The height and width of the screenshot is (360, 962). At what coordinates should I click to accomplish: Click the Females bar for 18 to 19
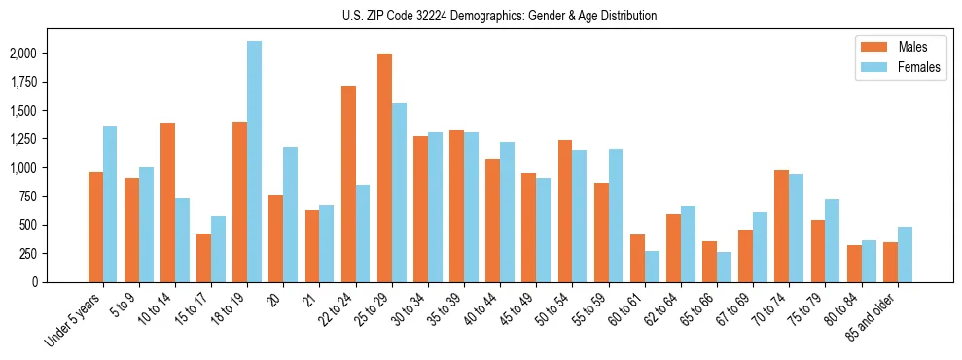click(x=255, y=162)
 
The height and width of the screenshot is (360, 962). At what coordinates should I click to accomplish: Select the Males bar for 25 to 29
click(x=384, y=167)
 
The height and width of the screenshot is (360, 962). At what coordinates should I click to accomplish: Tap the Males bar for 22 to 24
click(x=348, y=184)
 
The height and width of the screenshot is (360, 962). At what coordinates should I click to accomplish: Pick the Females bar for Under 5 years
click(x=110, y=204)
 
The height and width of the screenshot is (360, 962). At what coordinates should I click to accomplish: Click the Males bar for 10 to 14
click(x=167, y=202)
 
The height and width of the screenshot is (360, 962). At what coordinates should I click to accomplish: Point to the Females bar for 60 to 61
click(x=652, y=267)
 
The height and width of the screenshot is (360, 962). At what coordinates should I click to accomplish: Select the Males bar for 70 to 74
click(x=782, y=226)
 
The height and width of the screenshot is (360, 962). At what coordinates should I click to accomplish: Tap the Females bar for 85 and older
click(x=905, y=254)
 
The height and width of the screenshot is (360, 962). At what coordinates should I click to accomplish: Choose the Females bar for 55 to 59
click(x=616, y=215)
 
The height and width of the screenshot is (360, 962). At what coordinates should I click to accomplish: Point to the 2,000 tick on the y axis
click(x=53, y=54)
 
